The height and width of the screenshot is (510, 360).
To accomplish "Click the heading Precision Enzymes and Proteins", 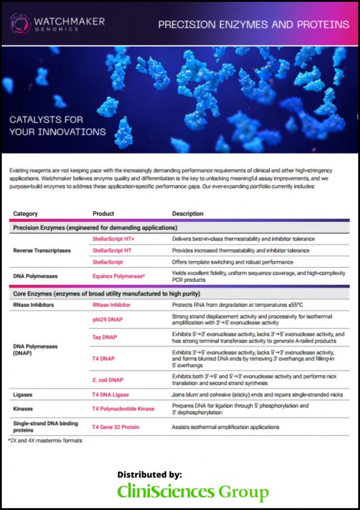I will (x=253, y=25).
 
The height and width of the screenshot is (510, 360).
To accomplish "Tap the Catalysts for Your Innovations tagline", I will (x=57, y=126).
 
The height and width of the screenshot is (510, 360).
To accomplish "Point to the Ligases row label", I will (x=24, y=394).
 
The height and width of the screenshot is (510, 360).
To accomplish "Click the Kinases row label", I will (x=24, y=408).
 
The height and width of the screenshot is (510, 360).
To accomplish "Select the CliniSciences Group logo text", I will (x=193, y=492).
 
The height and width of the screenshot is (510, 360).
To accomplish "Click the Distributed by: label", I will (x=149, y=474).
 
